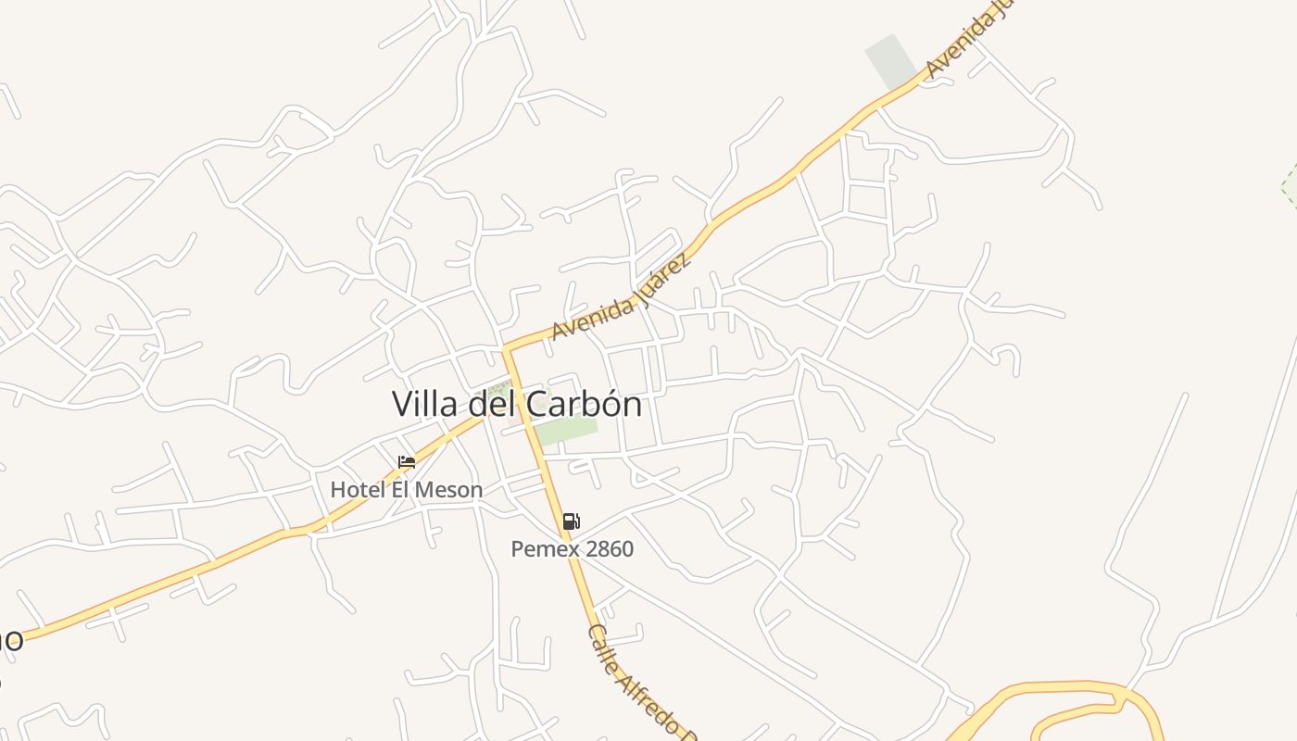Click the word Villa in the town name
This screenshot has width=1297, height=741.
[423, 405]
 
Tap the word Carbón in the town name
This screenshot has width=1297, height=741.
[585, 405]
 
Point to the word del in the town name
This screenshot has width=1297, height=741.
[491, 405]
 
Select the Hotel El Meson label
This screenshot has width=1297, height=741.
[407, 489]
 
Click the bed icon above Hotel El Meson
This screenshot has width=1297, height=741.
[407, 462]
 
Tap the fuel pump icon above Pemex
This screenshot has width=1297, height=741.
[572, 521]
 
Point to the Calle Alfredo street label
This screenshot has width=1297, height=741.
[640, 681]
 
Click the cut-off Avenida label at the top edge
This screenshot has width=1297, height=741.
[965, 39]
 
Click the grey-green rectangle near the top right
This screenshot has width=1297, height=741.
[889, 61]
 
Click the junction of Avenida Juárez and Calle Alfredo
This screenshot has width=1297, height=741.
[507, 350]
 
